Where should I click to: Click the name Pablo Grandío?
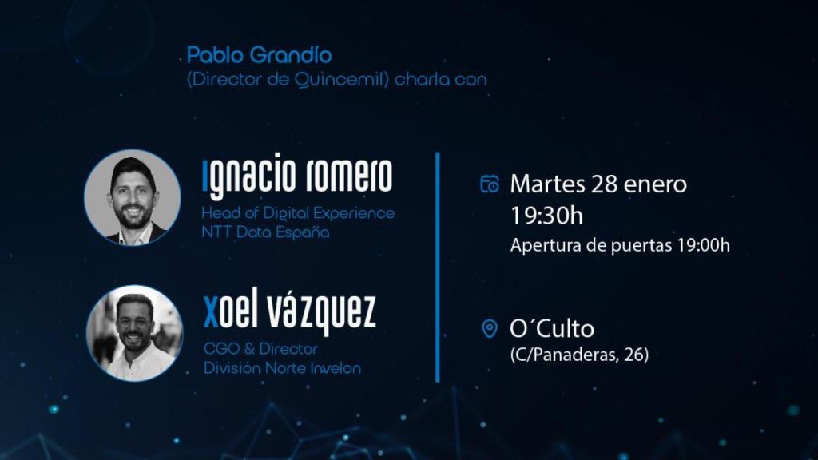point(259,56)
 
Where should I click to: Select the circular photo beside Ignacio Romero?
point(133,197)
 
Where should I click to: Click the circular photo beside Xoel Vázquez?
point(134,332)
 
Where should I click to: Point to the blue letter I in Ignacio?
point(206,177)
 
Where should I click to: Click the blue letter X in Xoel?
point(211,312)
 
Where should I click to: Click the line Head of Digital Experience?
point(298,213)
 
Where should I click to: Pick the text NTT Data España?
point(265,232)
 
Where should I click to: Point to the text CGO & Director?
point(260,349)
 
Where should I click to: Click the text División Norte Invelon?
point(282,368)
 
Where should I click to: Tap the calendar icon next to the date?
point(489,184)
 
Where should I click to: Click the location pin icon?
point(490,329)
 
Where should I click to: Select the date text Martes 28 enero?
point(598,184)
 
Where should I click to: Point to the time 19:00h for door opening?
point(703,245)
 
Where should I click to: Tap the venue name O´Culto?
point(552,328)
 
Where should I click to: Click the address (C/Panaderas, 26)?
point(579,355)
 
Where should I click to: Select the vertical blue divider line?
point(438,267)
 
